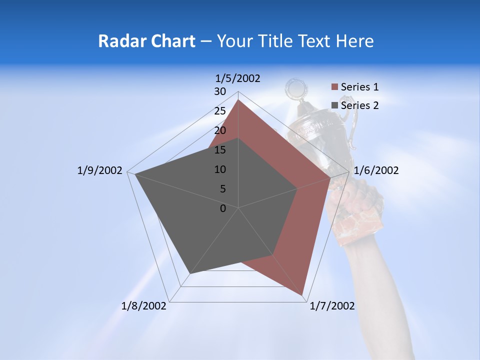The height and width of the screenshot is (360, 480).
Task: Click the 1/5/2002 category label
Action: (238, 78)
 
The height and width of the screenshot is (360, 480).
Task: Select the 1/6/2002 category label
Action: (376, 170)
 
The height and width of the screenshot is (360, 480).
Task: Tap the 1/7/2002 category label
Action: (332, 306)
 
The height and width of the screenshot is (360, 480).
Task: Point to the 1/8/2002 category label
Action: (144, 306)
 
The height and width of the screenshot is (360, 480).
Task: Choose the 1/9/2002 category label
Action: (100, 170)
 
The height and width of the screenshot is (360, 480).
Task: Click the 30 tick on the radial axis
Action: (220, 91)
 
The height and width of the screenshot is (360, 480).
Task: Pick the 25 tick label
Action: (220, 111)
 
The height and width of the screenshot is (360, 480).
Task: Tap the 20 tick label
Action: (220, 130)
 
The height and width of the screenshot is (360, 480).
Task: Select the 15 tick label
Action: (220, 150)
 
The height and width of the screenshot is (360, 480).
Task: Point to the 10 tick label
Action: (220, 169)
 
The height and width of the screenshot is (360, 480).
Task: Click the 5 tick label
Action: (222, 189)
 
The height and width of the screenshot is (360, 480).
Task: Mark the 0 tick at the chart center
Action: (223, 208)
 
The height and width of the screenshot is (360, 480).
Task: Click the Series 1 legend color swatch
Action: (335, 87)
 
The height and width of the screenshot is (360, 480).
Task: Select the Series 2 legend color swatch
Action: (335, 105)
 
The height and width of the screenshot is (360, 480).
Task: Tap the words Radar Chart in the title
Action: (146, 41)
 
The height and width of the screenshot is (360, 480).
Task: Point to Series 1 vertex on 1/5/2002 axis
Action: (238, 99)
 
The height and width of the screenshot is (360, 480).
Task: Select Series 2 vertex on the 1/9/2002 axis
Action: (135, 174)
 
